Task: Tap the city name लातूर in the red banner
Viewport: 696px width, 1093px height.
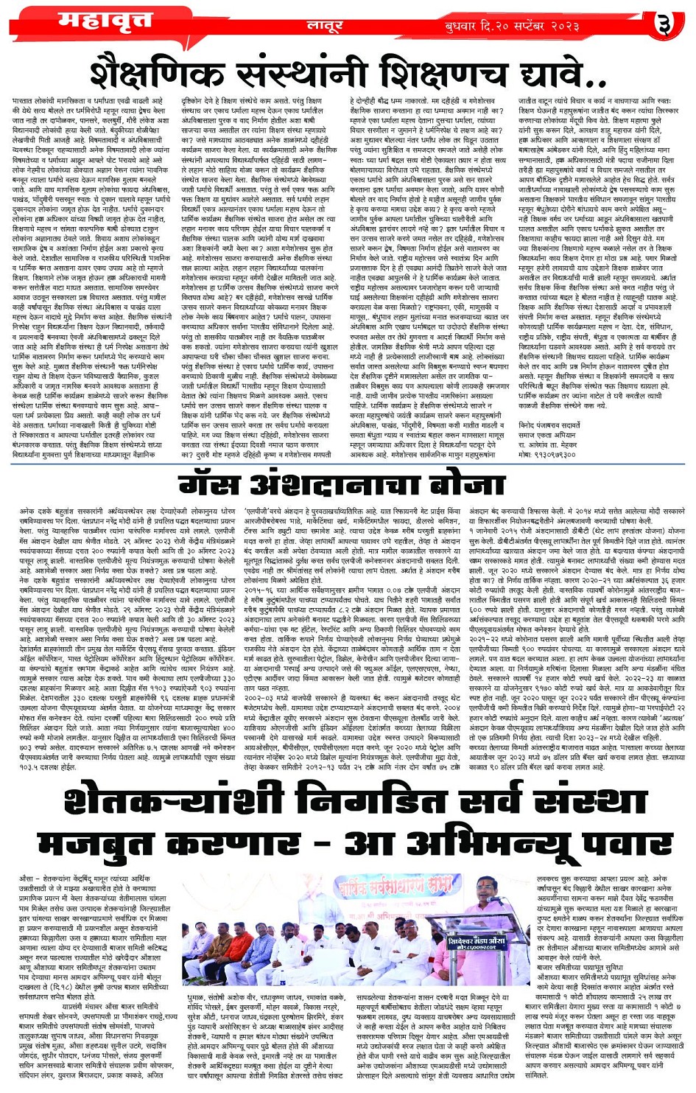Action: click(324, 27)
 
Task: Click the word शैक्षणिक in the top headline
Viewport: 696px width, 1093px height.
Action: click(173, 74)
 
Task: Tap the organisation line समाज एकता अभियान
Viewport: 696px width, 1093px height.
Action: click(549, 436)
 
